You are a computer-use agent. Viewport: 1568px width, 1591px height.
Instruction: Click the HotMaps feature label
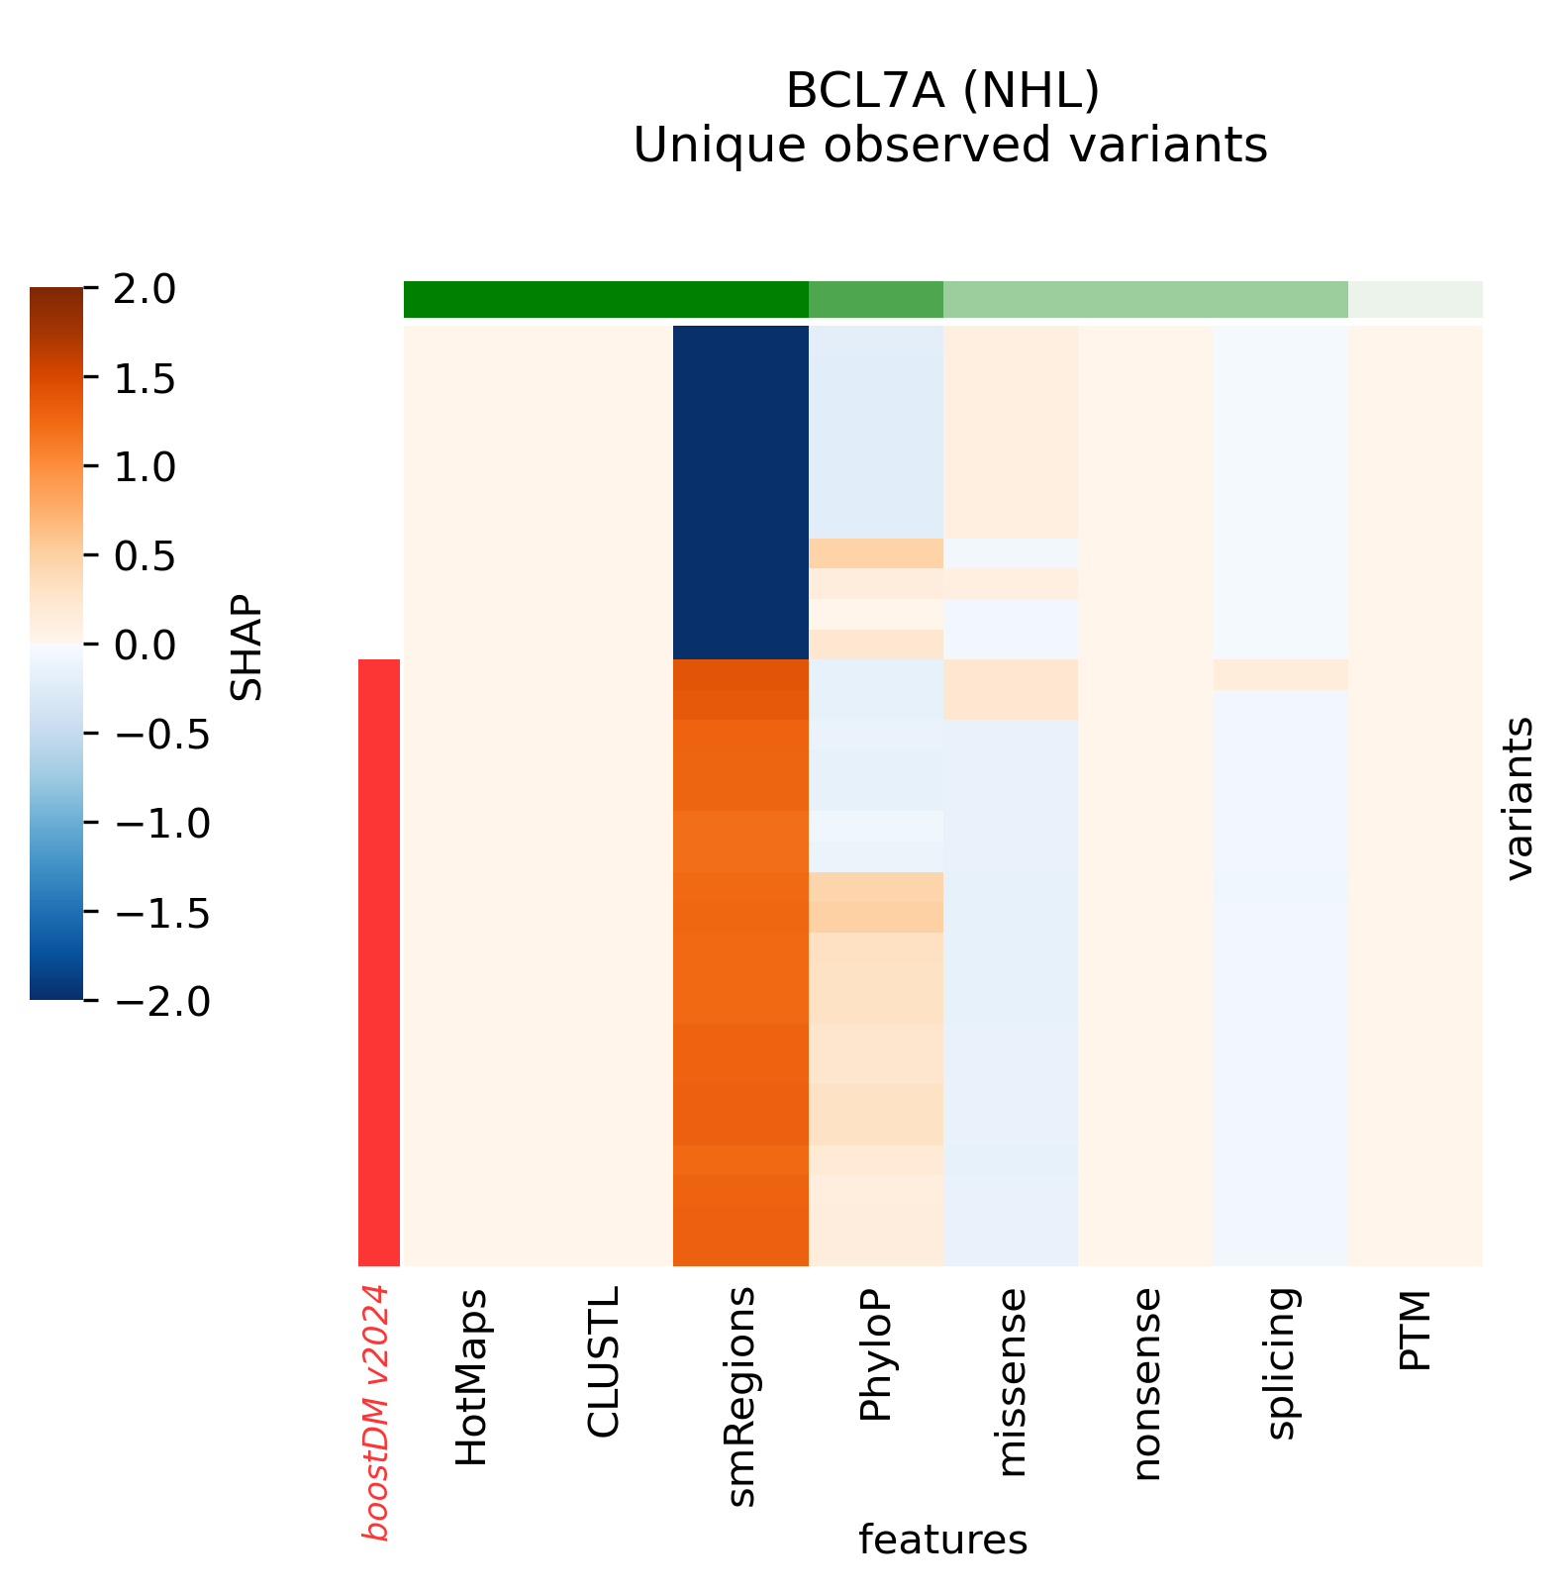click(471, 1377)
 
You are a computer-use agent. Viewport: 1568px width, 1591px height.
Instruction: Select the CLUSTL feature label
click(604, 1361)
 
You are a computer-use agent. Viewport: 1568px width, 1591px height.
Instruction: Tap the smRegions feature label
click(740, 1397)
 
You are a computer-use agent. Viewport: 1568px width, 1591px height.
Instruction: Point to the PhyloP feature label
click(876, 1354)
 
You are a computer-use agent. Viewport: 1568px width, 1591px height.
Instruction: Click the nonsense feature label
click(1145, 1384)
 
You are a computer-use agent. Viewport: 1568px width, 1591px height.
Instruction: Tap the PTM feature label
click(1416, 1330)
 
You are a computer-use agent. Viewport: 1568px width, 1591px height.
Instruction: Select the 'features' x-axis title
click(942, 1541)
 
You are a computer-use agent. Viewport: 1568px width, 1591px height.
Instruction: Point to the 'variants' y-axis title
click(1518, 798)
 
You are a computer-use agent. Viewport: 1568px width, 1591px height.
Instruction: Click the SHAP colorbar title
click(246, 647)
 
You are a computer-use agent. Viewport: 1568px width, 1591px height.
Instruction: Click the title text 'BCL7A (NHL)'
click(942, 92)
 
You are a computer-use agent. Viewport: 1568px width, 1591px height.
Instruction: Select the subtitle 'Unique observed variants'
click(950, 146)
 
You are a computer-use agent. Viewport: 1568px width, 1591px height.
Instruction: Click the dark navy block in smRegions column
click(740, 491)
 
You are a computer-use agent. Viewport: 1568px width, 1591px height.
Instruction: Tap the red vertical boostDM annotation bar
click(378, 961)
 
